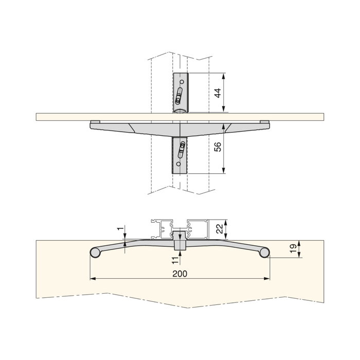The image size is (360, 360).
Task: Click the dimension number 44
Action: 218,93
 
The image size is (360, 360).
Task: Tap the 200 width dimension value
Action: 180,274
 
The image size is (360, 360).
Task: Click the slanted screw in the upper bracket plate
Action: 179,95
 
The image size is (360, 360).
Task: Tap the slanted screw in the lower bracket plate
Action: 181,151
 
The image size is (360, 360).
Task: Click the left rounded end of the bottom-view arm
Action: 95,252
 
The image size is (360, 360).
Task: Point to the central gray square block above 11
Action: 179,241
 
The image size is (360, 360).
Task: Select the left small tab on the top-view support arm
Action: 94,122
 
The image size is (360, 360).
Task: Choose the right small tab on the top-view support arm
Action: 264,122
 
